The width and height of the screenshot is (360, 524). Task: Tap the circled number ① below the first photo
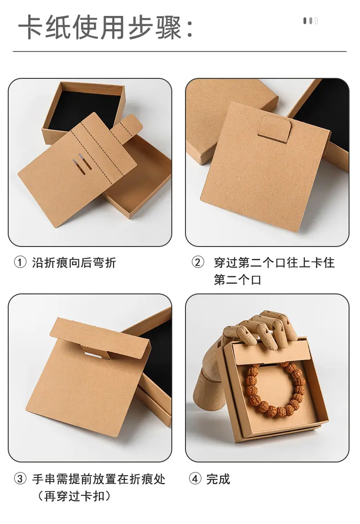(20, 262)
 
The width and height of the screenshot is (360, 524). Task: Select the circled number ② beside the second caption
(198, 262)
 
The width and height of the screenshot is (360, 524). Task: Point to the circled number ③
(20, 478)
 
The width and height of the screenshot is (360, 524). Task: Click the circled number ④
(195, 478)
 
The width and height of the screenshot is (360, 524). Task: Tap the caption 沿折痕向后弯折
(74, 262)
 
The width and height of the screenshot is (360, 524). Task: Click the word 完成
(218, 479)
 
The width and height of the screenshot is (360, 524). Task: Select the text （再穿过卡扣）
(74, 496)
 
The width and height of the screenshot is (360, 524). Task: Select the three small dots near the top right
(310, 21)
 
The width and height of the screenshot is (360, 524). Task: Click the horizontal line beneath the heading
(180, 51)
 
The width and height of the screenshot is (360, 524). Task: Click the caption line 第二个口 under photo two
(237, 280)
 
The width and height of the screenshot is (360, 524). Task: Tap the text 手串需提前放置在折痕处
(99, 479)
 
